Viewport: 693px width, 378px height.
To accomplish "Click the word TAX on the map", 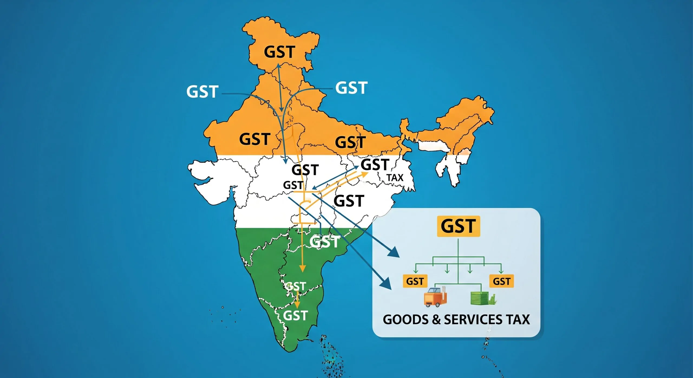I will (395, 178).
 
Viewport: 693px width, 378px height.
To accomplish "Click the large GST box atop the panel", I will (458, 226).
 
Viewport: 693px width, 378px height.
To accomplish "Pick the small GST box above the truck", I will (415, 281).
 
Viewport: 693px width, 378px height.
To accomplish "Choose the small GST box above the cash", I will (501, 281).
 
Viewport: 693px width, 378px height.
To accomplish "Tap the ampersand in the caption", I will (437, 320).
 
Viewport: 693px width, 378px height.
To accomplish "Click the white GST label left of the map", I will (202, 92).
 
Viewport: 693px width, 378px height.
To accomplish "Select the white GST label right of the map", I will (351, 88).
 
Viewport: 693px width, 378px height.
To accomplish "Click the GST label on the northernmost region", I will (279, 52).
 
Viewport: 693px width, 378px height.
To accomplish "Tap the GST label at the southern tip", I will (295, 315).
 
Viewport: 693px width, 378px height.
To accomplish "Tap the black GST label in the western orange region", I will (255, 139).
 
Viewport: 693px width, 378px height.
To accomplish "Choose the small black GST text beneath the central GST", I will (293, 185).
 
